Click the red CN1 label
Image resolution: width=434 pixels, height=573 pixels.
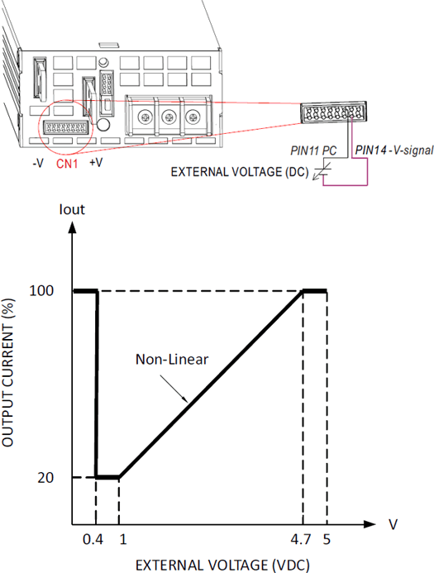(x=67, y=164)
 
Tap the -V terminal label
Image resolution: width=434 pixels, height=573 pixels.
(x=38, y=163)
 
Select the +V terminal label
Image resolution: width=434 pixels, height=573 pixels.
(x=96, y=162)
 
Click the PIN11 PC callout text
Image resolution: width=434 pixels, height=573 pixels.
(x=313, y=150)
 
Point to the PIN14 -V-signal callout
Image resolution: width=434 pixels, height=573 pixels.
(x=394, y=150)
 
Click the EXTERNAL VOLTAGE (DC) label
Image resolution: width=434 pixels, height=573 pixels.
(x=240, y=172)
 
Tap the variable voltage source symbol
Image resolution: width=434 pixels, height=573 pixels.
(x=322, y=171)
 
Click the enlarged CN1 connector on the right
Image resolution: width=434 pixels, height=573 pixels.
(x=333, y=112)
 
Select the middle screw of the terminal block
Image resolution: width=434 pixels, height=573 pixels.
(x=169, y=117)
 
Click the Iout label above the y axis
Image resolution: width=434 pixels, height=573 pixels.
(x=72, y=209)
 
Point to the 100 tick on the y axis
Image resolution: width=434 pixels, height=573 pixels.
(x=41, y=291)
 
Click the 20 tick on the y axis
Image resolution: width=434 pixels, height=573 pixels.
(x=45, y=478)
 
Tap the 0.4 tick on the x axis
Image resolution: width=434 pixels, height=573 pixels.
(x=93, y=539)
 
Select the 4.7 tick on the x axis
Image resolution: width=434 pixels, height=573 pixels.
(x=301, y=539)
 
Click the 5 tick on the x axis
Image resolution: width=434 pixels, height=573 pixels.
(x=327, y=539)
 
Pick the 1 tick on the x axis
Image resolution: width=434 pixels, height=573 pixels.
(x=123, y=539)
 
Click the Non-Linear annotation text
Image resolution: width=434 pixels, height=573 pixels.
(x=172, y=360)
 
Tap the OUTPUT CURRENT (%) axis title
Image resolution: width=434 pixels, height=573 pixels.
(x=7, y=372)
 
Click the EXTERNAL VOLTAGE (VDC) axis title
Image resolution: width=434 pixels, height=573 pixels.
(x=222, y=565)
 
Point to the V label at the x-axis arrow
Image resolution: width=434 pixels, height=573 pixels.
(x=393, y=524)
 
